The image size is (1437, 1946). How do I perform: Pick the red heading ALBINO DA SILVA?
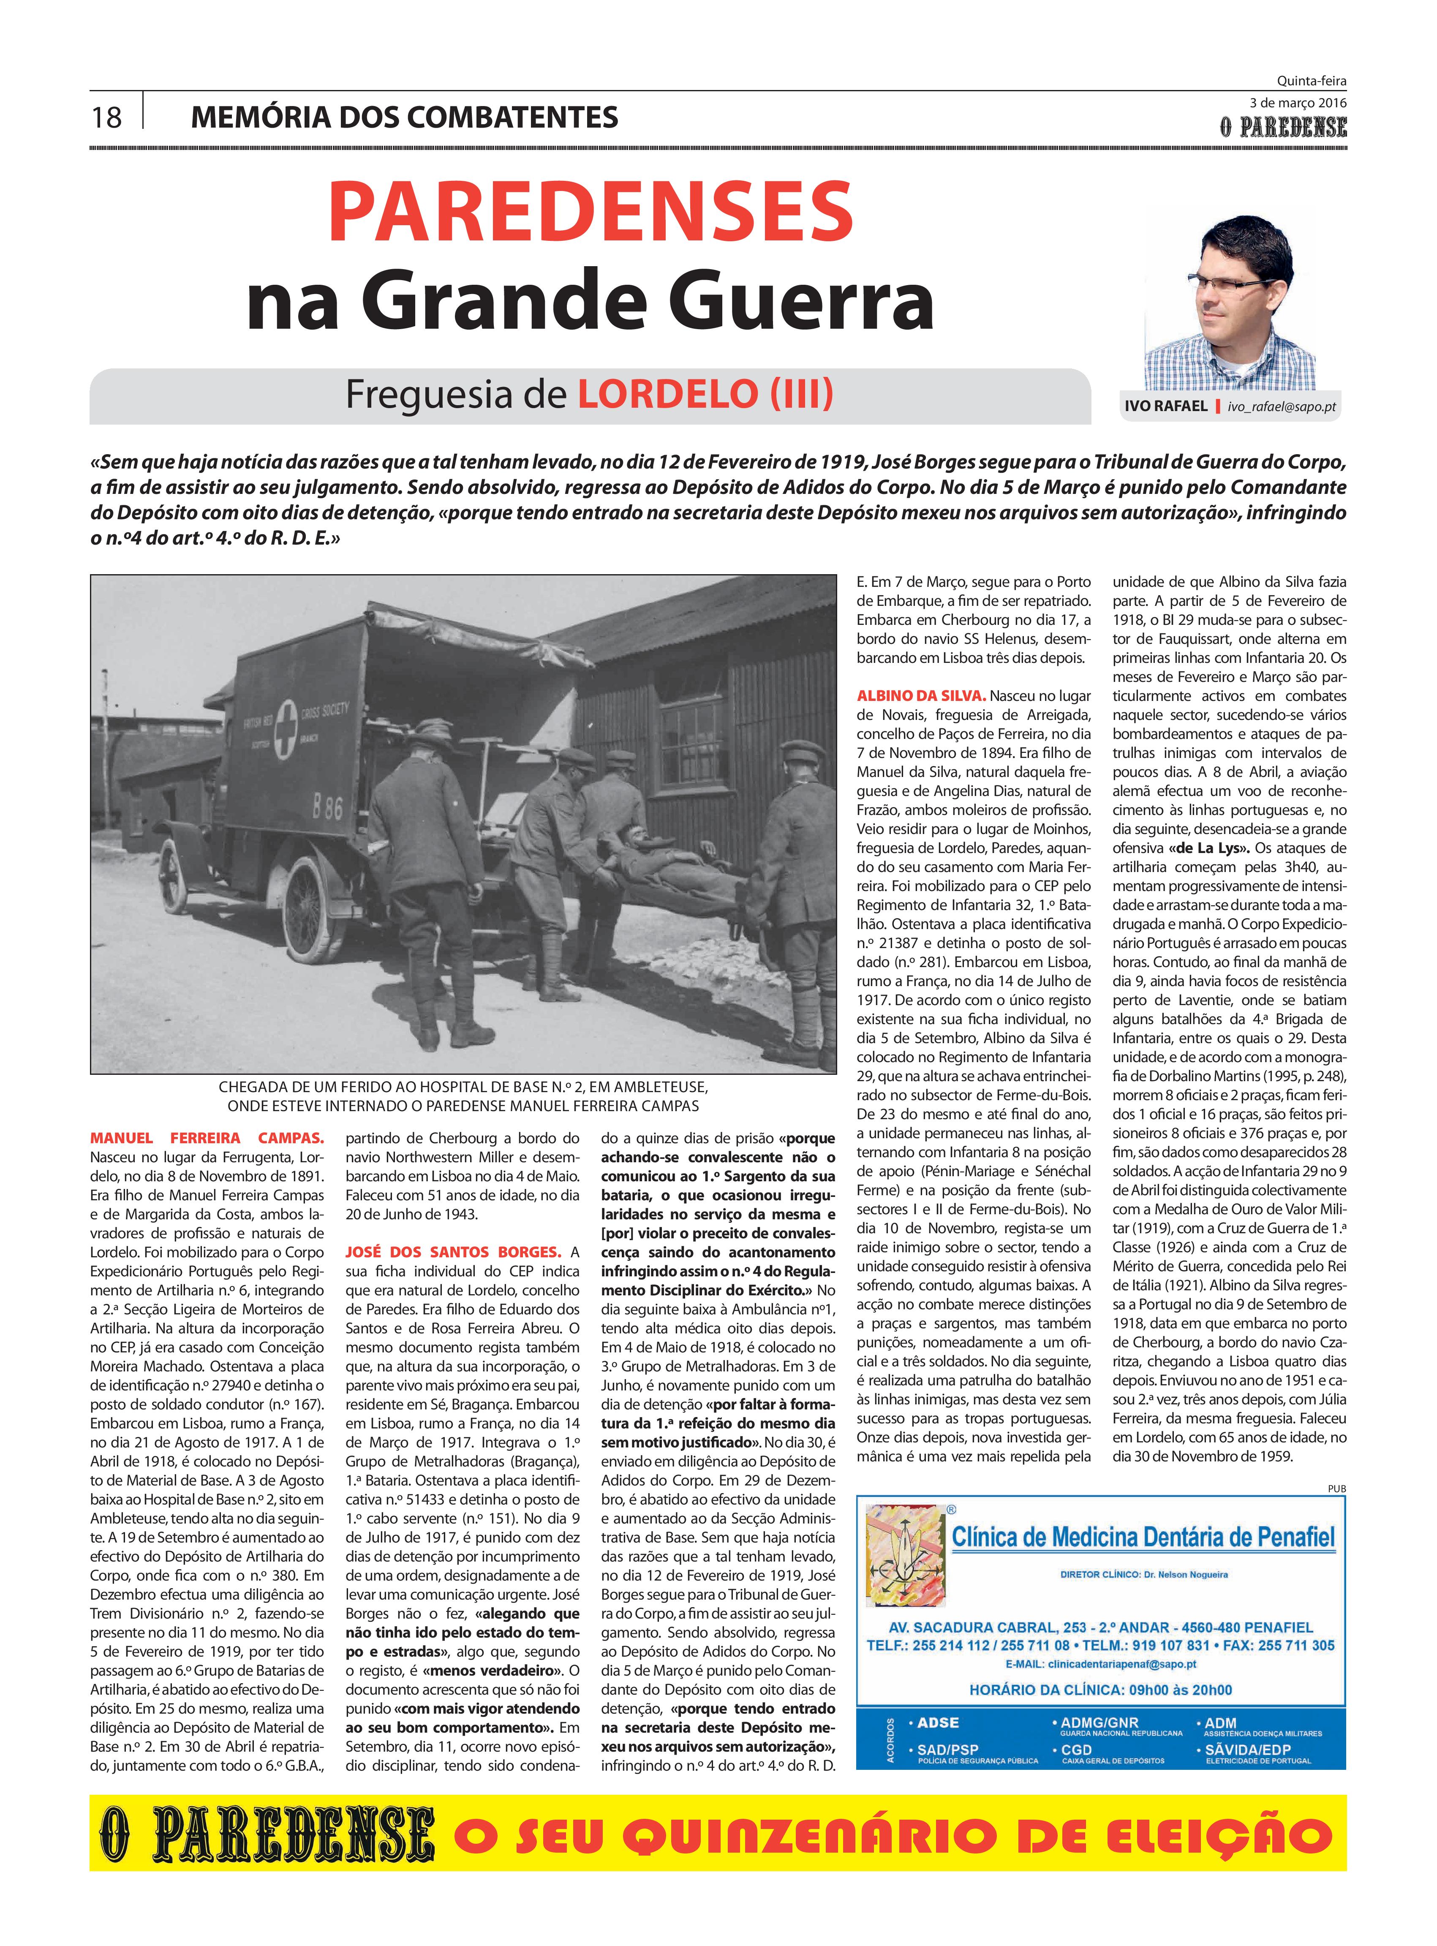pos(920,695)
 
